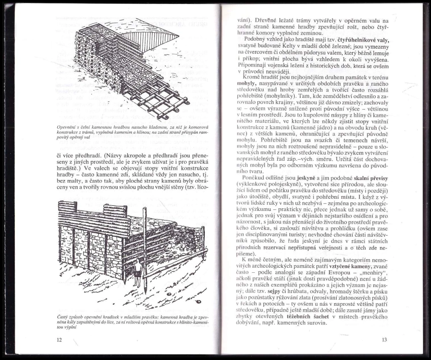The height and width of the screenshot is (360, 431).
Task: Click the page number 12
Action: pos(59,340)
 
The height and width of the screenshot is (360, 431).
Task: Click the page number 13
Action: pos(384,340)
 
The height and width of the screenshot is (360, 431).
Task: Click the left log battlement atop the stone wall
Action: pos(68,207)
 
